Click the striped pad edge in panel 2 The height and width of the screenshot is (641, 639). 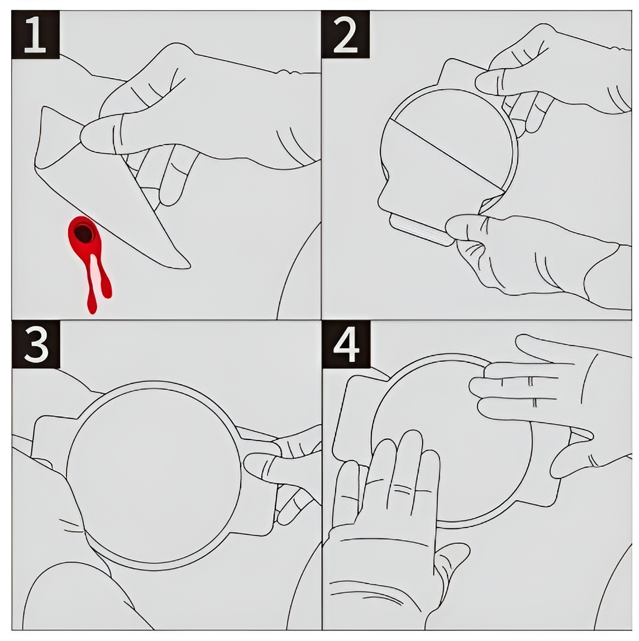421,231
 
